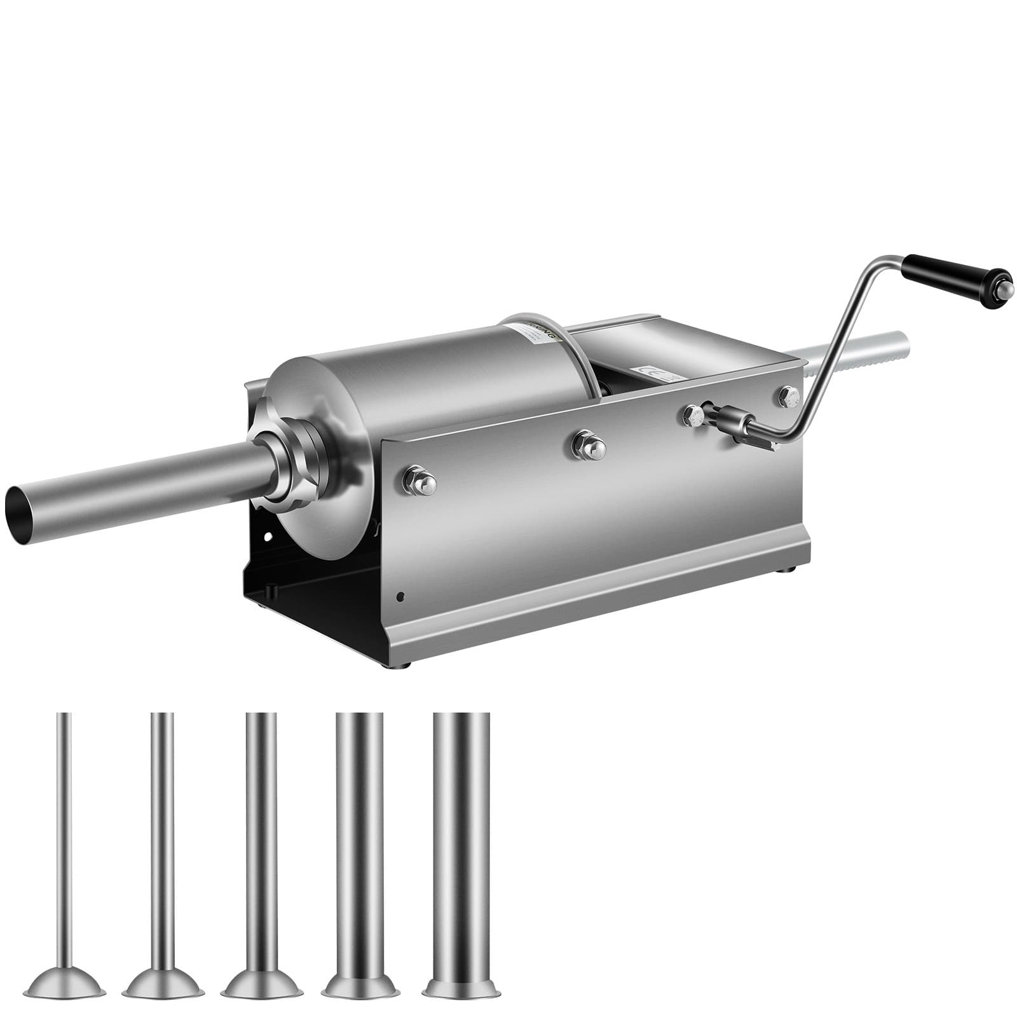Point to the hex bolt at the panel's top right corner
coord(788,395)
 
